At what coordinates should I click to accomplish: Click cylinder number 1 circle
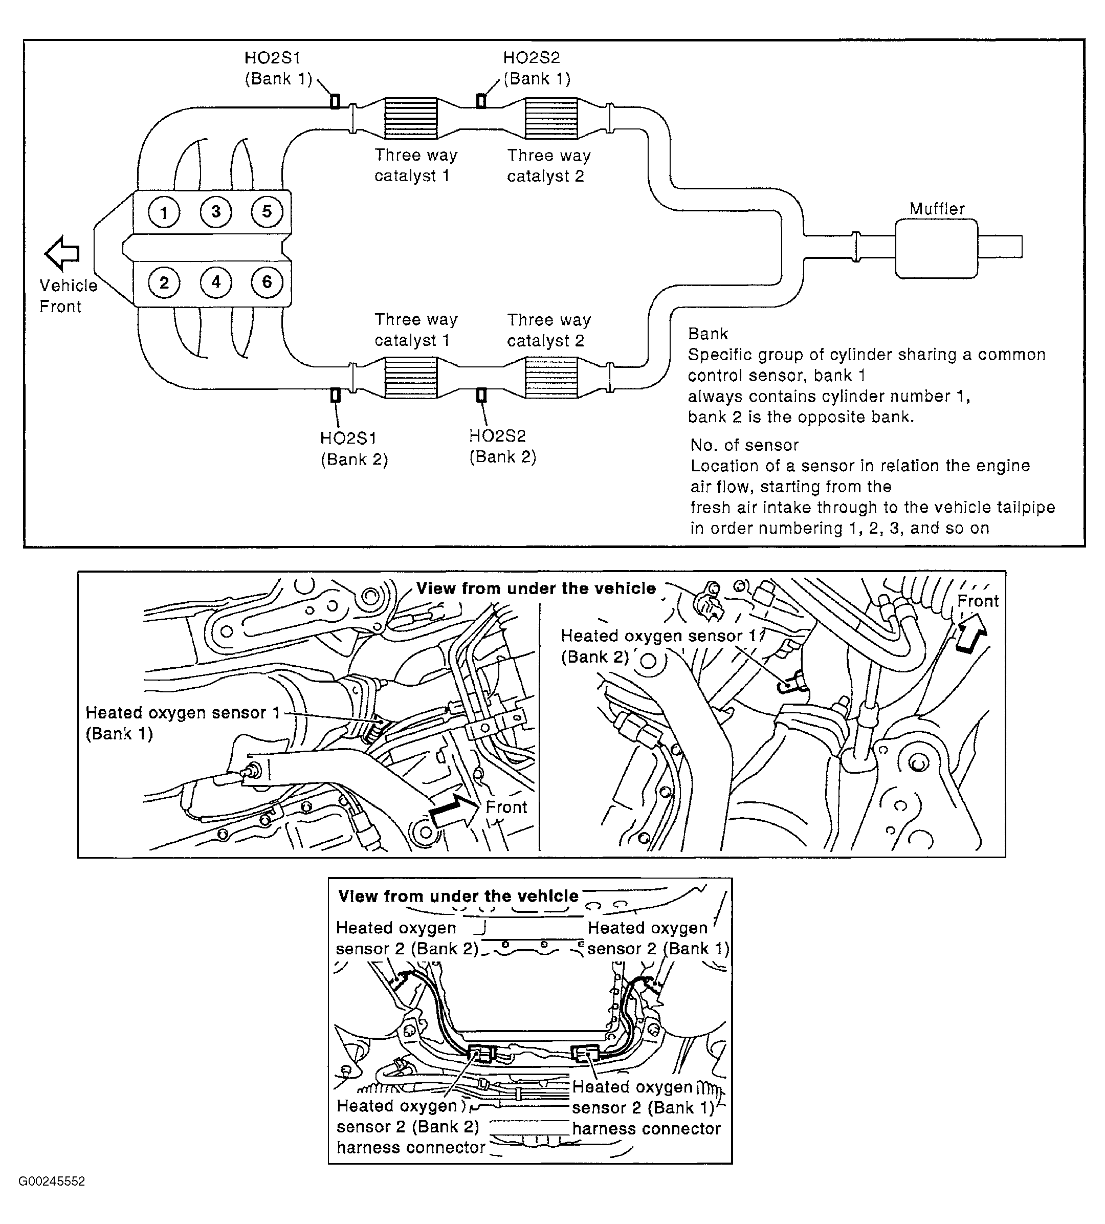(x=164, y=213)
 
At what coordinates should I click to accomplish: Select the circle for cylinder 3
(x=215, y=212)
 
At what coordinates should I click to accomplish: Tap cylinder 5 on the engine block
(x=267, y=212)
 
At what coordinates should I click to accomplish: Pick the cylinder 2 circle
(x=164, y=283)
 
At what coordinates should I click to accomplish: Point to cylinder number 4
(x=215, y=282)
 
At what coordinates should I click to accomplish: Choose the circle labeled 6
(x=267, y=282)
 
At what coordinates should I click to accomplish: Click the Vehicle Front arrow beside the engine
(x=62, y=253)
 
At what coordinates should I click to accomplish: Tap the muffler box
(x=936, y=248)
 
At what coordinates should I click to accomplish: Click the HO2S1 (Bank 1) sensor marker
(x=335, y=101)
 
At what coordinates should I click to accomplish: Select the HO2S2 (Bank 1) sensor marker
(x=481, y=101)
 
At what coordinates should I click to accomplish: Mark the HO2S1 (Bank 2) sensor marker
(x=335, y=395)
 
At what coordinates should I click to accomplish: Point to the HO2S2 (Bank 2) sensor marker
(x=481, y=395)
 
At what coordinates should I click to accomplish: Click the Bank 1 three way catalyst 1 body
(x=411, y=118)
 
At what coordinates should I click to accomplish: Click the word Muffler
(x=936, y=209)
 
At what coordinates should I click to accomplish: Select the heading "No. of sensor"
(x=744, y=445)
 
